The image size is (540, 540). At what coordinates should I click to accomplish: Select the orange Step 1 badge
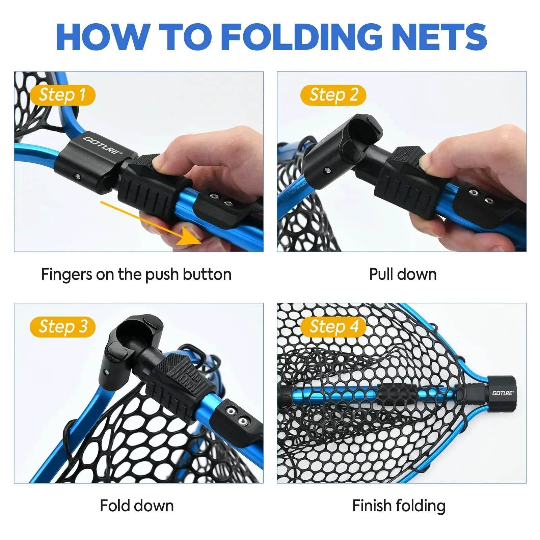(62, 95)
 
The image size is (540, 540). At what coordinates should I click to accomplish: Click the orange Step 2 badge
(333, 95)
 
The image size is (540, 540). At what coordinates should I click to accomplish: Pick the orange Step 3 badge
(62, 327)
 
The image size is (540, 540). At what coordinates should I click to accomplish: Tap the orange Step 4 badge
(333, 327)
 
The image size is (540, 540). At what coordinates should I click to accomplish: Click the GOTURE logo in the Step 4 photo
(503, 393)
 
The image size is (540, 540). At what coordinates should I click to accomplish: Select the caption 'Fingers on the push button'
(136, 274)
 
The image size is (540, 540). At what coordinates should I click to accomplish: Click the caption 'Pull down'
(403, 274)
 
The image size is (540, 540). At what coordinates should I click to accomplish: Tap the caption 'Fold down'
(137, 506)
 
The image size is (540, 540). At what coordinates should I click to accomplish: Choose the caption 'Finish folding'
(399, 506)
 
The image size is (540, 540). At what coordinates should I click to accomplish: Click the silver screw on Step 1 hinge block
(78, 176)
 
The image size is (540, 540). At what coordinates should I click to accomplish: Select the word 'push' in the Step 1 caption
(162, 275)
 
